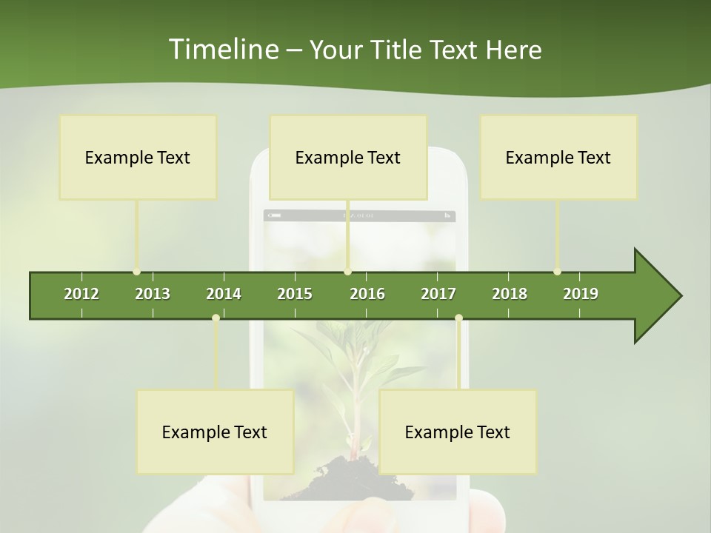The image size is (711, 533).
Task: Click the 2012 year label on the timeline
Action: (x=81, y=294)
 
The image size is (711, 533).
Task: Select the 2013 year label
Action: (x=153, y=294)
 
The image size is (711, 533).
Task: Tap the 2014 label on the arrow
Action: (x=224, y=294)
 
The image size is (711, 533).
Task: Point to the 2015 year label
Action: (x=295, y=294)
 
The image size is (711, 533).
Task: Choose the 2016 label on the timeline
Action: (x=367, y=294)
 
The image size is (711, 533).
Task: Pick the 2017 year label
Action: (x=438, y=294)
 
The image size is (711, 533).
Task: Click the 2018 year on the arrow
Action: (x=510, y=294)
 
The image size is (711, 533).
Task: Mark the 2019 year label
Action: (x=581, y=294)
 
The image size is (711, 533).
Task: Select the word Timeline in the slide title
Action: (x=222, y=50)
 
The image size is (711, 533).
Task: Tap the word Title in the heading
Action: (x=398, y=50)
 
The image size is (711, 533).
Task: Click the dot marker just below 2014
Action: (x=216, y=318)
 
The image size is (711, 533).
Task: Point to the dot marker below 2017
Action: (x=458, y=318)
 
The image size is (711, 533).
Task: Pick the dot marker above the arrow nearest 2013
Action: (x=136, y=272)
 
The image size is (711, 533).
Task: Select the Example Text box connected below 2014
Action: (x=215, y=432)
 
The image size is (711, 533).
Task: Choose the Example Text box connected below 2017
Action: (x=458, y=432)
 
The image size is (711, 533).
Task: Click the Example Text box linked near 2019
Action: (x=558, y=157)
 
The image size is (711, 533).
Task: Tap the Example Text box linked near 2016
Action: (x=348, y=157)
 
